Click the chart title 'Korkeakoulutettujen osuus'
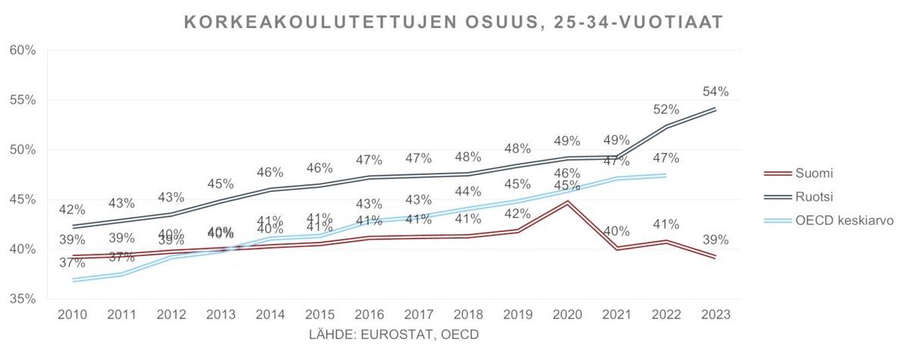[454, 23]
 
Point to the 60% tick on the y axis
[22, 51]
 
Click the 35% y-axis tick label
[22, 299]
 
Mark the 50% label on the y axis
[22, 150]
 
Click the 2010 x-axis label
[73, 314]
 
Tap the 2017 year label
[418, 314]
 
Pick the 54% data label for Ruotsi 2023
[715, 92]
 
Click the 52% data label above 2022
[666, 109]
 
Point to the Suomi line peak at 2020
[567, 202]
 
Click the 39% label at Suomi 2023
[715, 240]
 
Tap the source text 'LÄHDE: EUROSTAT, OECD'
[394, 333]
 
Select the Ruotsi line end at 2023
[715, 109]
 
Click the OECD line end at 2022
[666, 175]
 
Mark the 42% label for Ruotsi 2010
[72, 210]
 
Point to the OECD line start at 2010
[73, 280]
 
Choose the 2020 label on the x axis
[567, 314]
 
